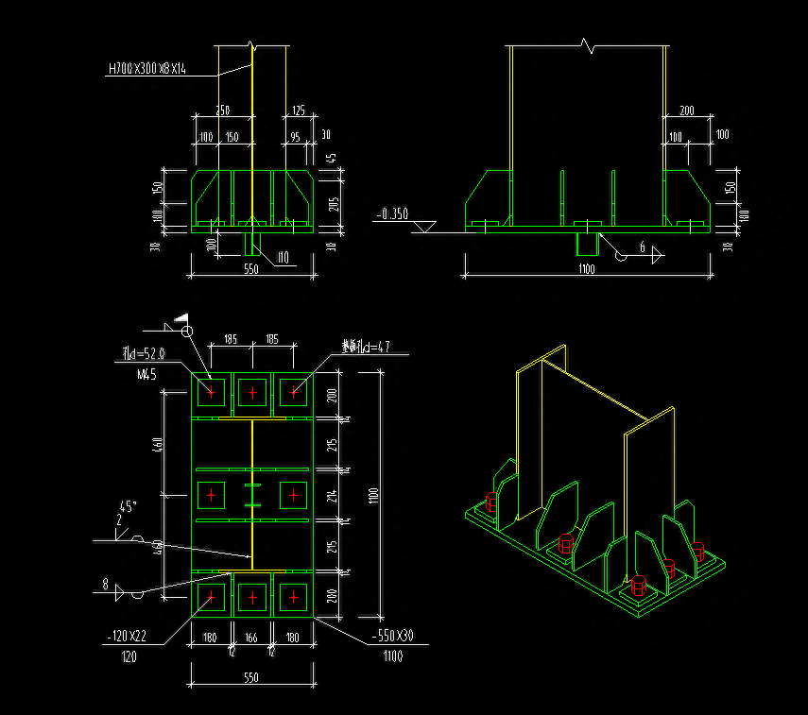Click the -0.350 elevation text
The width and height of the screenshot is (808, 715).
pyautogui.click(x=391, y=214)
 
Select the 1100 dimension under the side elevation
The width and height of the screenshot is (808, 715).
pyautogui.click(x=586, y=269)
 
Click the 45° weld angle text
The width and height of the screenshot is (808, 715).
pyautogui.click(x=128, y=505)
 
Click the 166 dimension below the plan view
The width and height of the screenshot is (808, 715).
pyautogui.click(x=251, y=638)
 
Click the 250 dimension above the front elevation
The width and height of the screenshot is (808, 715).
pyautogui.click(x=223, y=111)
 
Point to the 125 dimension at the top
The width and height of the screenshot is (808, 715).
pyautogui.click(x=299, y=111)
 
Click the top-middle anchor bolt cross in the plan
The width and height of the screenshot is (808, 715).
pyautogui.click(x=252, y=391)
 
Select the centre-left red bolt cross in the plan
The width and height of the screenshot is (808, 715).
pyautogui.click(x=211, y=495)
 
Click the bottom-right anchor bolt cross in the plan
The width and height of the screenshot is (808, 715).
pyautogui.click(x=294, y=597)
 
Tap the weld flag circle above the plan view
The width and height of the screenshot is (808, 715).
pyautogui.click(x=187, y=331)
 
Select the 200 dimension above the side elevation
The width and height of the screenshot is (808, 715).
pyautogui.click(x=686, y=111)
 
